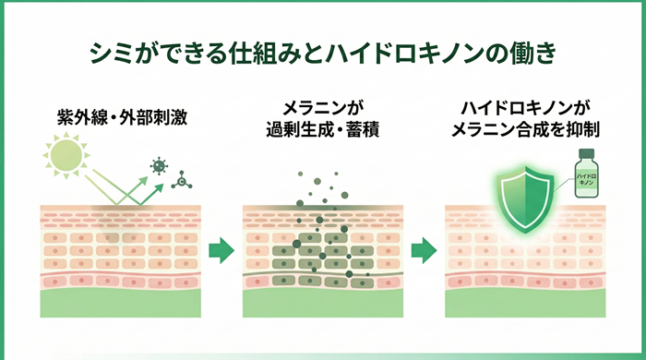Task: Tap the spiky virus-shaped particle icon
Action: point(159,165)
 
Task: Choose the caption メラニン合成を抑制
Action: point(525,130)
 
